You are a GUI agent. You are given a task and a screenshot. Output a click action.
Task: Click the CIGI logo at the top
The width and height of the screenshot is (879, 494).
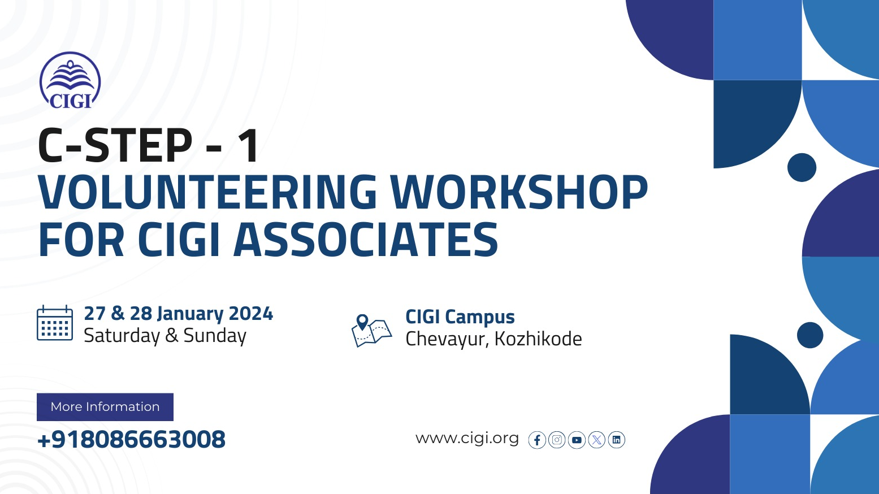point(70,80)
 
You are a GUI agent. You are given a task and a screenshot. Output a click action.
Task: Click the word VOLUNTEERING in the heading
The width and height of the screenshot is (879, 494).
point(207,192)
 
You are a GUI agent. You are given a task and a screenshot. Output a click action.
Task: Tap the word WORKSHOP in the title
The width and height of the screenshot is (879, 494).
point(519,192)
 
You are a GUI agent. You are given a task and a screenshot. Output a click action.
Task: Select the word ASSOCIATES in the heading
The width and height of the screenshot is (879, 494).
point(366,239)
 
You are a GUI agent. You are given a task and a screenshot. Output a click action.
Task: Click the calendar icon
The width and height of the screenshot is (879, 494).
point(55,323)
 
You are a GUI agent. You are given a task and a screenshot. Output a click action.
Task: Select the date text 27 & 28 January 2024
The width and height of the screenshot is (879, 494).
point(179,314)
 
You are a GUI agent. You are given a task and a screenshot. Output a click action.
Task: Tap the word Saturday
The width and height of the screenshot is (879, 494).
point(122,336)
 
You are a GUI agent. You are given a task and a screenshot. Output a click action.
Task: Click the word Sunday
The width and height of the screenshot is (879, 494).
point(215,336)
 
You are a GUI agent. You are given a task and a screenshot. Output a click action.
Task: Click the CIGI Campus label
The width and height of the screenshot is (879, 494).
point(460,317)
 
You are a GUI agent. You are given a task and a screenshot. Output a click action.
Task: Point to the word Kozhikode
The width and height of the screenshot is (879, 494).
point(538,339)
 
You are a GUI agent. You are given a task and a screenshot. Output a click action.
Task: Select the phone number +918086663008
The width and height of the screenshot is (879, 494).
point(132,439)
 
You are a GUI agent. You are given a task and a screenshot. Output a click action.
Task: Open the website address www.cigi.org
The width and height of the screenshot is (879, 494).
point(467,438)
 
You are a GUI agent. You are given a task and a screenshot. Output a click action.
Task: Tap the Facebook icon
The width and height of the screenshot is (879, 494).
point(537,440)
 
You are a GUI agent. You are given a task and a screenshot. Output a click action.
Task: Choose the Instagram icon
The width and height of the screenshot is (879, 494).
point(557,440)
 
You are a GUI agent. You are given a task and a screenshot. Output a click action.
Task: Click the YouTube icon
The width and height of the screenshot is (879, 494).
point(577,440)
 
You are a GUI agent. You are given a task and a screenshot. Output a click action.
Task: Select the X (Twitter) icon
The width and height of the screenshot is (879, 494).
point(597,440)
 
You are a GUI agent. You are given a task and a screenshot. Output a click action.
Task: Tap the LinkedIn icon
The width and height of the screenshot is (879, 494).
point(617,440)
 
